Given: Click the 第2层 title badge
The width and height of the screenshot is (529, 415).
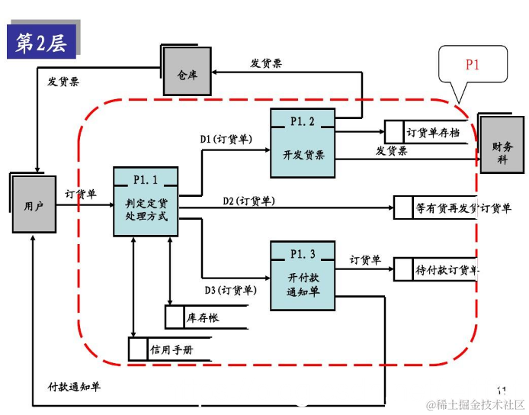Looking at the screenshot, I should [x=43, y=43].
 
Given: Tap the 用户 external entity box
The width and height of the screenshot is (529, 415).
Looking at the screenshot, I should [x=34, y=204].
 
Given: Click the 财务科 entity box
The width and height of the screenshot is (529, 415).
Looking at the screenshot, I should [x=502, y=145].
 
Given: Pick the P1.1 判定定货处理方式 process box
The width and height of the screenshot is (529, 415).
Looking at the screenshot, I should [x=145, y=201].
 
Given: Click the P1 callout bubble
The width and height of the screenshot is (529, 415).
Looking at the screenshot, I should [x=472, y=66].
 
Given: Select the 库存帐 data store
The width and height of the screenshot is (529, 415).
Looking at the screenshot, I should [x=203, y=317].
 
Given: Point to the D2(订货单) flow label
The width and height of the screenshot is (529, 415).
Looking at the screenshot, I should [x=248, y=201].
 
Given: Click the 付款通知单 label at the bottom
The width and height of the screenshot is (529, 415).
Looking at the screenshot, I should [x=74, y=386].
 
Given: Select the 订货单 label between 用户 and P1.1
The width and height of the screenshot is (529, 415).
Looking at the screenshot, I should [x=80, y=194].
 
